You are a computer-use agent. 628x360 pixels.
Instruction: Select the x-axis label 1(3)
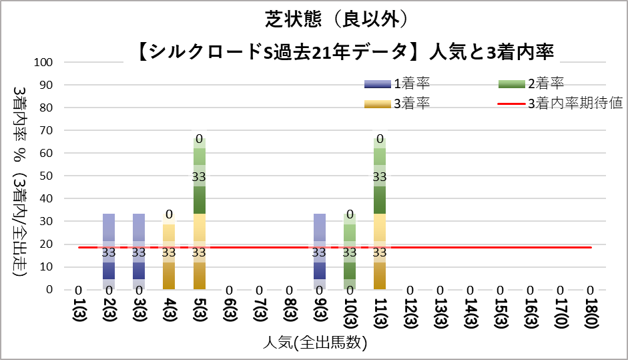[79, 313]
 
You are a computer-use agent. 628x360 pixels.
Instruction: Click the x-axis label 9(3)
[320, 313]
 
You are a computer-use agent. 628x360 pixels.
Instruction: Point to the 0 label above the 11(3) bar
[380, 140]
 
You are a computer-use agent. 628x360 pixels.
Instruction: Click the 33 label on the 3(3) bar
[139, 252]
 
